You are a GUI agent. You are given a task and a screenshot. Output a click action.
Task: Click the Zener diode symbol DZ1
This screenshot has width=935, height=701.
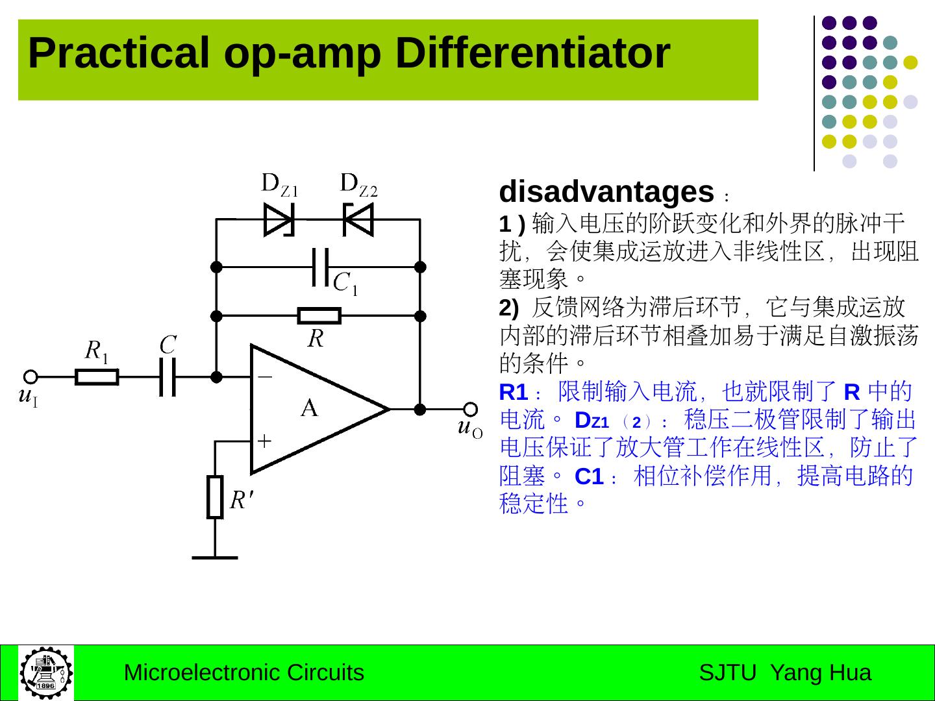coord(279,219)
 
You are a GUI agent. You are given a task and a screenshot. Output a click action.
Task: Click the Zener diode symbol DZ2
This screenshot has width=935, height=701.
coord(358,219)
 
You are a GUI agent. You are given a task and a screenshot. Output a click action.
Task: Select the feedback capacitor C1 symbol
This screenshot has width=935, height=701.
coord(319,267)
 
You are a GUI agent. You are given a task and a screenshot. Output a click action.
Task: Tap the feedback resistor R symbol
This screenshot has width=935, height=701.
coord(319,316)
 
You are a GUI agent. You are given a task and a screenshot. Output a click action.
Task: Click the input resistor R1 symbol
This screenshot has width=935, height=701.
coord(97,376)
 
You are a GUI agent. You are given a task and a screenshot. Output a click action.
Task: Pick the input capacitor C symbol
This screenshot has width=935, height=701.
coord(168,376)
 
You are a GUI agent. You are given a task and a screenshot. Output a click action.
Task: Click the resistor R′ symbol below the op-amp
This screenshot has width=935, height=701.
coord(215,497)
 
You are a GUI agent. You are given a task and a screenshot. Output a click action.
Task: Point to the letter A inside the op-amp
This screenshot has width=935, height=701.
coord(310,408)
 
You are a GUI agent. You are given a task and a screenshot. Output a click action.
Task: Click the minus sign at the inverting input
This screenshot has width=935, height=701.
coord(265,376)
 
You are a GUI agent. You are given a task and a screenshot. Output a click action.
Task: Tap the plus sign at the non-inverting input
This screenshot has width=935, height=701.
coord(265,441)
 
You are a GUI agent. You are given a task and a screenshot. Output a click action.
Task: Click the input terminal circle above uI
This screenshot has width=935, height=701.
coord(30,376)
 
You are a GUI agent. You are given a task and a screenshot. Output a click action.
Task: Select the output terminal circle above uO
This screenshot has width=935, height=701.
coord(470,409)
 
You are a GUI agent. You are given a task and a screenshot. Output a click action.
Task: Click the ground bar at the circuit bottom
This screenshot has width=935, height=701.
coord(215,557)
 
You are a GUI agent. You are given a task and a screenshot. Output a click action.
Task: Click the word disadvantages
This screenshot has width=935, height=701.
coord(606,192)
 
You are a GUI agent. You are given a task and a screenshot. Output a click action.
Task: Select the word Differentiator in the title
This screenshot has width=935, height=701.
coord(532,53)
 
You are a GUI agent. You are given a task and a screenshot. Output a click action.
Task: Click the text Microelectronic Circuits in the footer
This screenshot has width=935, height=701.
coord(243,673)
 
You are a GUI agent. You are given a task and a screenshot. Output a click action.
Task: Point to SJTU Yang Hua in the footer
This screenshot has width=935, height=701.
coord(784,673)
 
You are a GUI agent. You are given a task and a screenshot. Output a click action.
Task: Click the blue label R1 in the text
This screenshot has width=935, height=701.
coord(513,393)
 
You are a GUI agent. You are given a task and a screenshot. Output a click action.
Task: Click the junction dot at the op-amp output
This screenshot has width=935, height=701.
coord(420,409)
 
